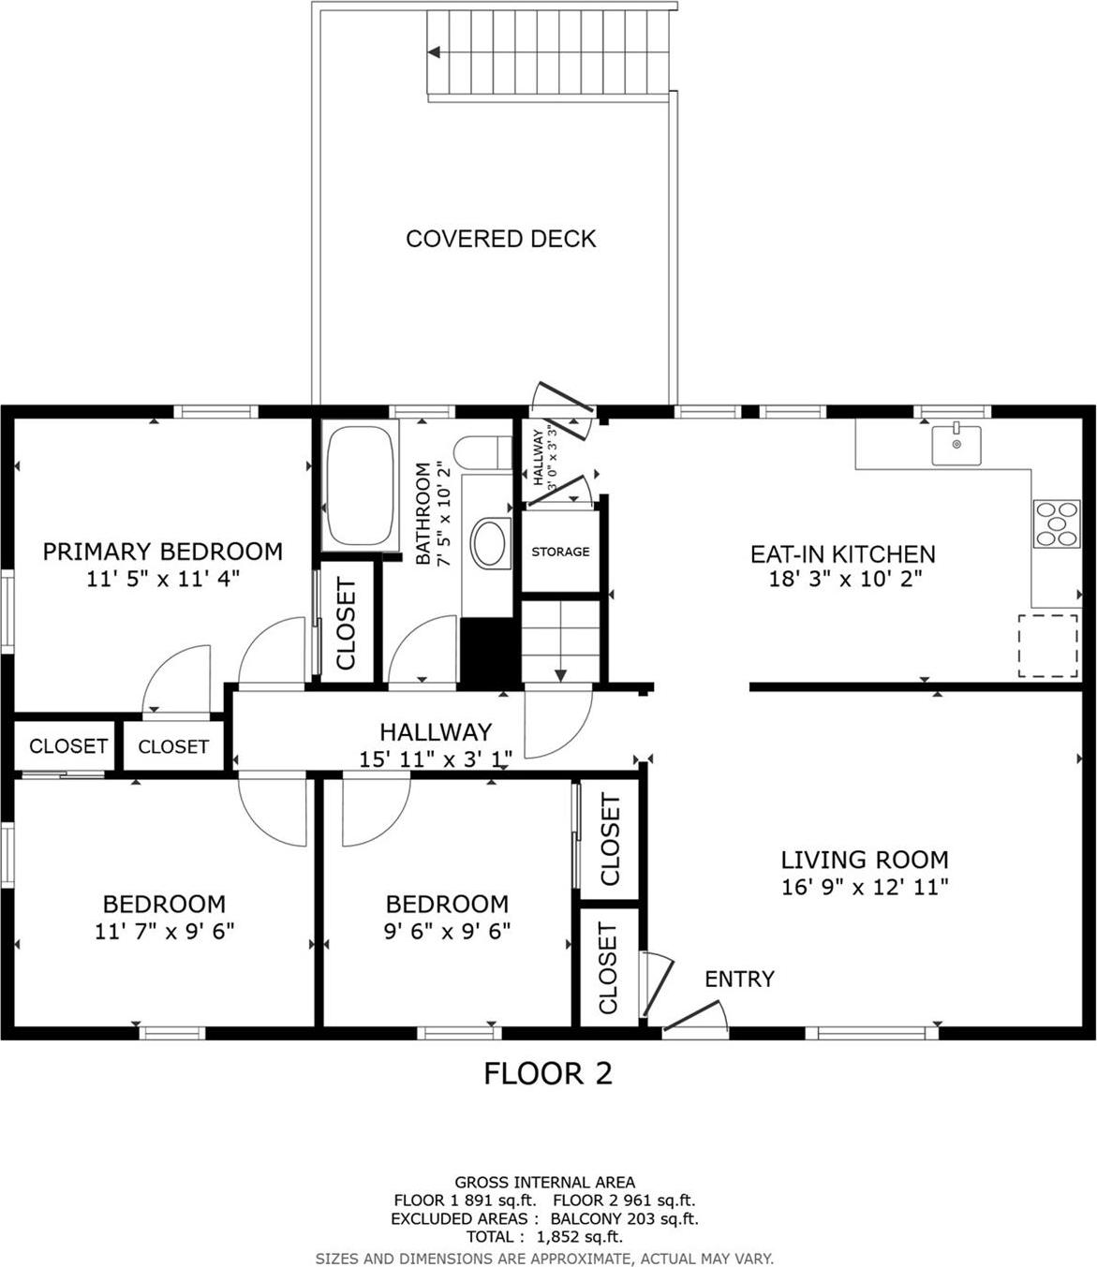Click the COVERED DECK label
click(500, 239)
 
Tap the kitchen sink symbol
click(956, 444)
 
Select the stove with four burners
click(1056, 524)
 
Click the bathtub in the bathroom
click(359, 485)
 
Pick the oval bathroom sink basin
click(490, 544)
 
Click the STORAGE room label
click(560, 552)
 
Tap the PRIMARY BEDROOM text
click(163, 552)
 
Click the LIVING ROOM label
click(865, 860)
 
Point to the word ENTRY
click(739, 980)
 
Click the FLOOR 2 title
click(547, 1073)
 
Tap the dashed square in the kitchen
click(1047, 645)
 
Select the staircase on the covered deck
click(550, 53)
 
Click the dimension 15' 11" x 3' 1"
click(436, 759)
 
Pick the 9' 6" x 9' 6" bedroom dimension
click(447, 932)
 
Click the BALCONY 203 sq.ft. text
click(624, 1218)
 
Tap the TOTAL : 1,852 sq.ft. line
click(544, 1237)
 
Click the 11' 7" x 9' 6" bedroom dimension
click(164, 932)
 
